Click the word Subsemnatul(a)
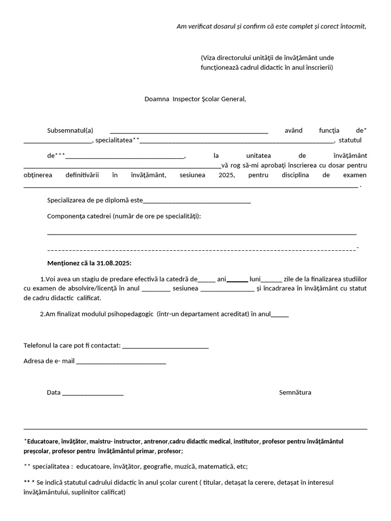tap(70, 131)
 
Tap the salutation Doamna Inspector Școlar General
tap(195, 99)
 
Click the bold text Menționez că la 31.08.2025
tap(89, 263)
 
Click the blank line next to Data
tap(93, 393)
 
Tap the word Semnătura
tap(295, 393)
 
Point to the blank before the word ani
tap(207, 279)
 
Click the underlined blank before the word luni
tap(237, 279)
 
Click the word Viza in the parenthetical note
tap(210, 57)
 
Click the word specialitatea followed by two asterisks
tap(114, 140)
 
